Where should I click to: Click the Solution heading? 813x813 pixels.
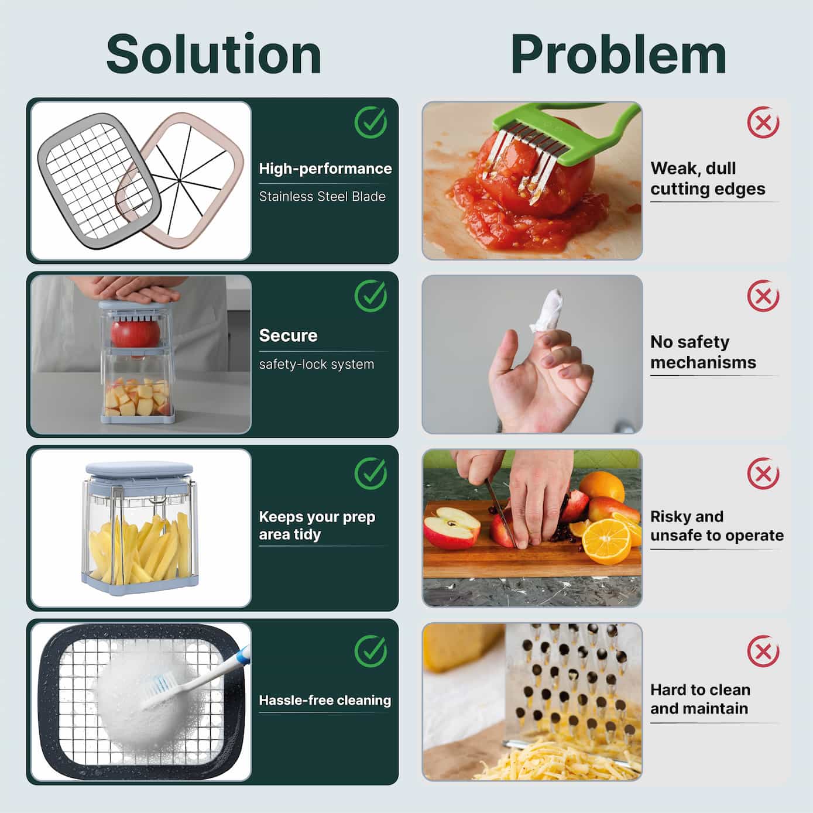pyautogui.click(x=214, y=54)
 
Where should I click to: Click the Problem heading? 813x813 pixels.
pyautogui.click(x=619, y=55)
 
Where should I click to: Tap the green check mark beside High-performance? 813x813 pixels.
pyautogui.click(x=371, y=122)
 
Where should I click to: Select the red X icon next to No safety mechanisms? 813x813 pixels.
pyautogui.click(x=763, y=296)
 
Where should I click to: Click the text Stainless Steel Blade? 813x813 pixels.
pyautogui.click(x=322, y=197)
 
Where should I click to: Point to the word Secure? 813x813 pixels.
pyautogui.click(x=288, y=335)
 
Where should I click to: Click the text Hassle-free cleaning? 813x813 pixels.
pyautogui.click(x=325, y=701)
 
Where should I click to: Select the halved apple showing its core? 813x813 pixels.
pyautogui.click(x=451, y=527)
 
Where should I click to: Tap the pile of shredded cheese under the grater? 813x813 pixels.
pyautogui.click(x=561, y=759)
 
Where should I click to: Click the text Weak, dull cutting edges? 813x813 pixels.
pyautogui.click(x=708, y=179)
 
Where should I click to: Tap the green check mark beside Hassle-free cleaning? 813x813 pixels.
pyautogui.click(x=371, y=651)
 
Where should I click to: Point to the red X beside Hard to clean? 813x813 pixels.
pyautogui.click(x=763, y=651)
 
